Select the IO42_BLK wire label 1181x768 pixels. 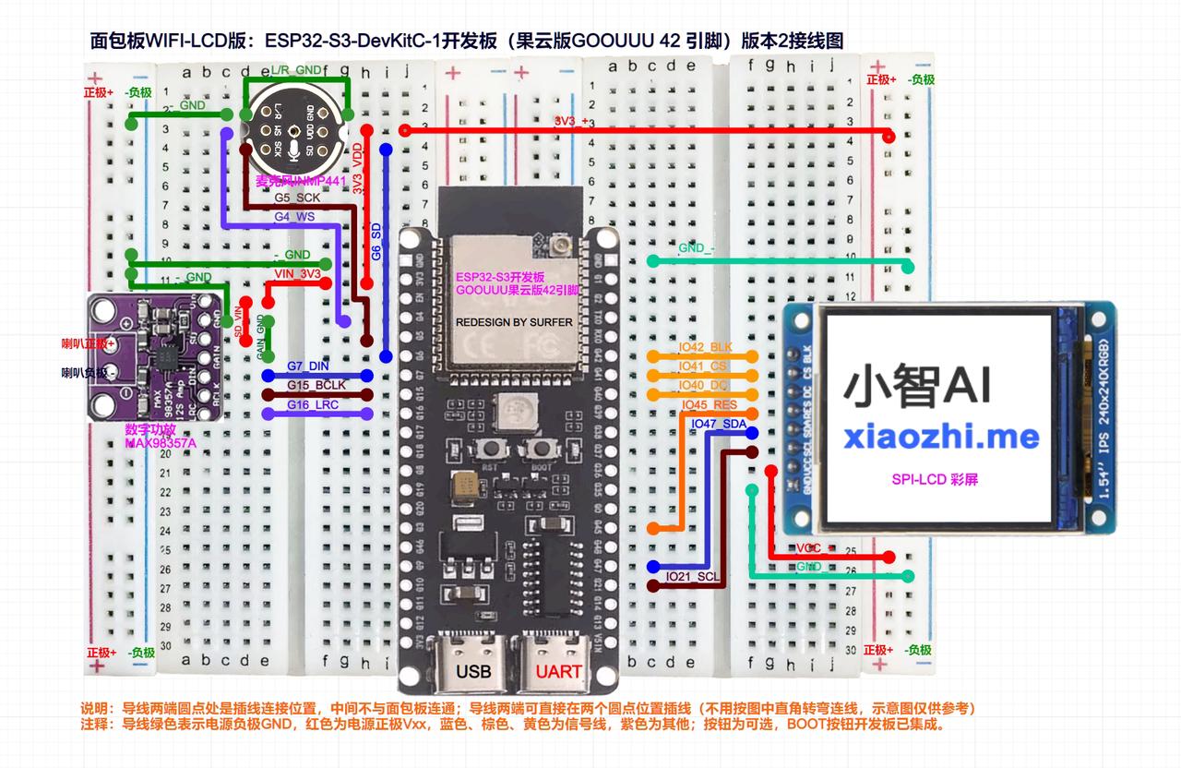pos(705,348)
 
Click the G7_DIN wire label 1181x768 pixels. pos(308,366)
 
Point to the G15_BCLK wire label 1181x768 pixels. pos(316,385)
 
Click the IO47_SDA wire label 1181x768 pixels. pos(719,424)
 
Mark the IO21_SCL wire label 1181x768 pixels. pos(693,577)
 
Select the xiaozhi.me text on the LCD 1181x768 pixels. pos(940,437)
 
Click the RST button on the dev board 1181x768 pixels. pos(489,450)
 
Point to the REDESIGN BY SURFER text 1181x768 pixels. pos(514,322)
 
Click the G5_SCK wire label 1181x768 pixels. pos(297,198)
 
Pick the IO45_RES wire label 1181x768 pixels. pos(709,404)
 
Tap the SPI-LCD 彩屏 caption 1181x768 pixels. pos(935,480)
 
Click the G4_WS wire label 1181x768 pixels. pos(294,217)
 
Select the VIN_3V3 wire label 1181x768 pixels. pos(298,274)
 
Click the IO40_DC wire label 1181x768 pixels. pos(704,385)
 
